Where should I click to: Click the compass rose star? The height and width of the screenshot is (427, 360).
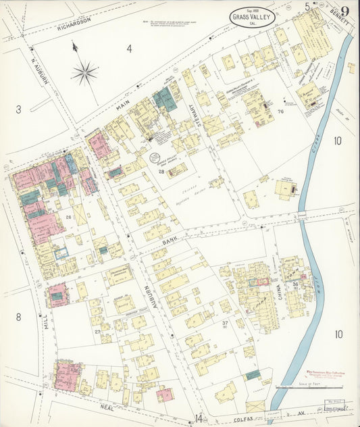click(x=84, y=72)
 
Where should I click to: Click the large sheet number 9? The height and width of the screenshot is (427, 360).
click(x=345, y=11)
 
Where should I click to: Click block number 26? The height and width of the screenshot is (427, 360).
click(x=69, y=217)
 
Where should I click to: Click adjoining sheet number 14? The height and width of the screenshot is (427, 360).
click(x=198, y=418)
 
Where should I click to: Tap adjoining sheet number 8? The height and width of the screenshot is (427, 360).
click(x=19, y=317)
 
